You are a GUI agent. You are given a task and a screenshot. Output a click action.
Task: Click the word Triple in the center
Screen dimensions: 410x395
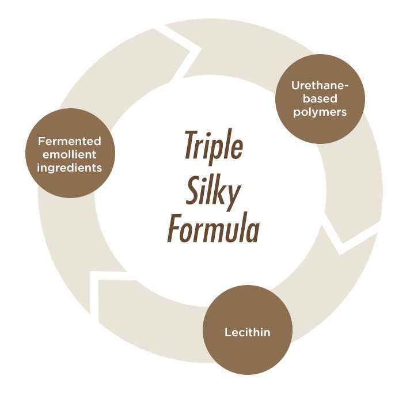point(214,146)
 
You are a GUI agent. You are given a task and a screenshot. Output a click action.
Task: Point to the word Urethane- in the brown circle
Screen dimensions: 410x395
point(320,85)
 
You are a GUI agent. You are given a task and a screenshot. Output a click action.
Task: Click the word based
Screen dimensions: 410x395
point(320,98)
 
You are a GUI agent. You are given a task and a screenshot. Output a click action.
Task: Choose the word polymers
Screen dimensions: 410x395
point(320,112)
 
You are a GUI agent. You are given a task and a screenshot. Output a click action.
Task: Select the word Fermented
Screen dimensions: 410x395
point(70,141)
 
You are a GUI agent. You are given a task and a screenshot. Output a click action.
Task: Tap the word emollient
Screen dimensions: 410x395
point(70,154)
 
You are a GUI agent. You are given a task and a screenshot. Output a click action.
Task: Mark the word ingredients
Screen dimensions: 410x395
point(69,168)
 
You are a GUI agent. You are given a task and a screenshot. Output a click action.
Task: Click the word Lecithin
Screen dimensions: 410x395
point(248,332)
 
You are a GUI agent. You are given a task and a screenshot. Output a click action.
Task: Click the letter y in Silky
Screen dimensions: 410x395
point(233,197)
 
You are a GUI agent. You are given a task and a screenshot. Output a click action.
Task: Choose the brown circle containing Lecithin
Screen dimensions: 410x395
point(248,330)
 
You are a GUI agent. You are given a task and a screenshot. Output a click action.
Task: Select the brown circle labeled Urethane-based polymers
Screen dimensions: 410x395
point(320,99)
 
